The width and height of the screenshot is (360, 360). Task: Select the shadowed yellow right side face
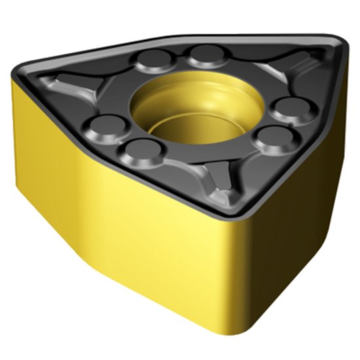[x=295, y=216]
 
